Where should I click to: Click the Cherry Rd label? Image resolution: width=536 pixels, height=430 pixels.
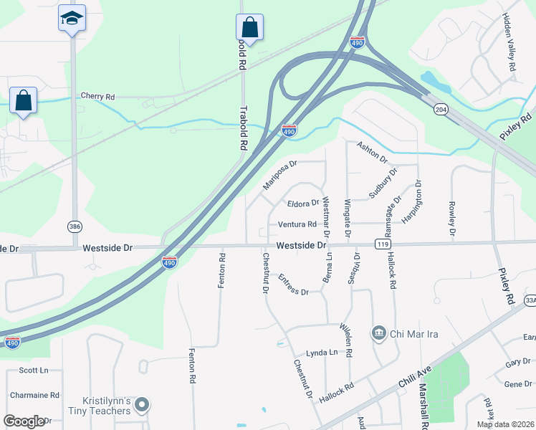[97, 96]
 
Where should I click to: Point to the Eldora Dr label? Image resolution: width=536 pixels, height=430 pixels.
[303, 203]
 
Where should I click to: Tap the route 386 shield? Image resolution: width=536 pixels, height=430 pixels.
[75, 226]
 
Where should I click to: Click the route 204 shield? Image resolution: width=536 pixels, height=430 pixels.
[441, 109]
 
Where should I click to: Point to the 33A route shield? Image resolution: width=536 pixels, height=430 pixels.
[530, 300]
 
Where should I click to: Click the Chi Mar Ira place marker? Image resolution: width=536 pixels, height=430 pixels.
[378, 333]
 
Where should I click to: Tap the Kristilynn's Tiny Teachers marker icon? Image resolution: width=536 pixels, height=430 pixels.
[142, 406]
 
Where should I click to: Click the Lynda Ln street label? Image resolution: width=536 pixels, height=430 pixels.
[322, 353]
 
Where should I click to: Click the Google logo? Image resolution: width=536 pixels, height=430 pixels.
[24, 421]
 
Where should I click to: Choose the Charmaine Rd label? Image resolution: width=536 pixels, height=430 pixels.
[34, 395]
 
